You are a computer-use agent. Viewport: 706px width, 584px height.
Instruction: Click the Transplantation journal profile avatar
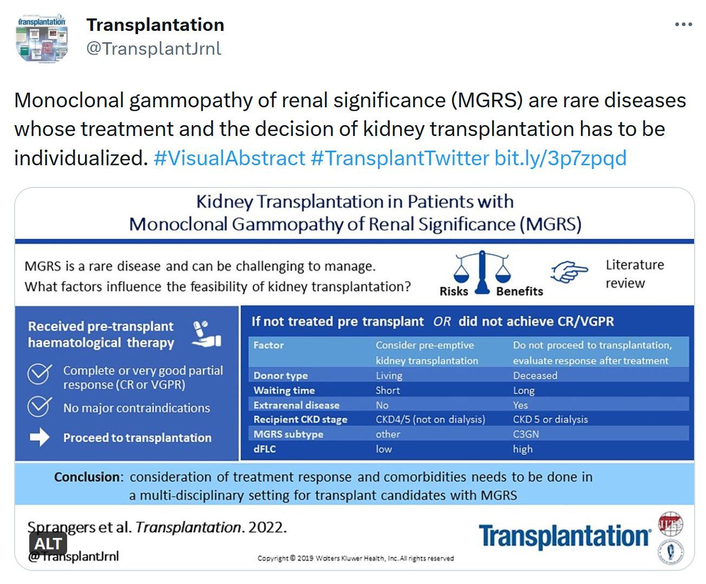tap(42, 38)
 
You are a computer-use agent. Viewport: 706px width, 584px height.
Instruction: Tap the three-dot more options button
tap(683, 24)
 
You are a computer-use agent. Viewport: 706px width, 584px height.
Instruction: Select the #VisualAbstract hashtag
tap(229, 158)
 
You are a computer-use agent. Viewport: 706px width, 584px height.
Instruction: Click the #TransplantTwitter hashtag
tap(400, 158)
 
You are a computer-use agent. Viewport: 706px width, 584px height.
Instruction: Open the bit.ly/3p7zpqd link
tap(560, 158)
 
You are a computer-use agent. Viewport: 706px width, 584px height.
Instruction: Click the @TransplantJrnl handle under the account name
tap(154, 48)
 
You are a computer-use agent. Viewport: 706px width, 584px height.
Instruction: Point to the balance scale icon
tap(482, 272)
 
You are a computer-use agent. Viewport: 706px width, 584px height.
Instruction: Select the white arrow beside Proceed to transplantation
tap(40, 437)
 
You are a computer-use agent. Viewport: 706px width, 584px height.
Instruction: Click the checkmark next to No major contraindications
tap(40, 406)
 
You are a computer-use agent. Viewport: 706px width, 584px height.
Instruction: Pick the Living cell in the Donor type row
tap(389, 375)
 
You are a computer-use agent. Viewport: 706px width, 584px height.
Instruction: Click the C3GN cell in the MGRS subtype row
tap(526, 434)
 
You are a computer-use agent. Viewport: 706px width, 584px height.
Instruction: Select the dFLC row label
tap(264, 449)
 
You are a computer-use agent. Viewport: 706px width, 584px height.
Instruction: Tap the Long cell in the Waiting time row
tap(524, 391)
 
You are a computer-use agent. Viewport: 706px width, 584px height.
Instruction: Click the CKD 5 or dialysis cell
tap(551, 419)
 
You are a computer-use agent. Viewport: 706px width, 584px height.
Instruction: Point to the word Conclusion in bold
tap(87, 477)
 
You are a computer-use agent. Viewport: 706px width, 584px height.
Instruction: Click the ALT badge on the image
tap(48, 544)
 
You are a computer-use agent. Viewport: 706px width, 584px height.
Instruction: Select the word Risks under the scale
tap(454, 291)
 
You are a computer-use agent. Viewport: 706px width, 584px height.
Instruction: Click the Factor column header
tap(269, 345)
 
